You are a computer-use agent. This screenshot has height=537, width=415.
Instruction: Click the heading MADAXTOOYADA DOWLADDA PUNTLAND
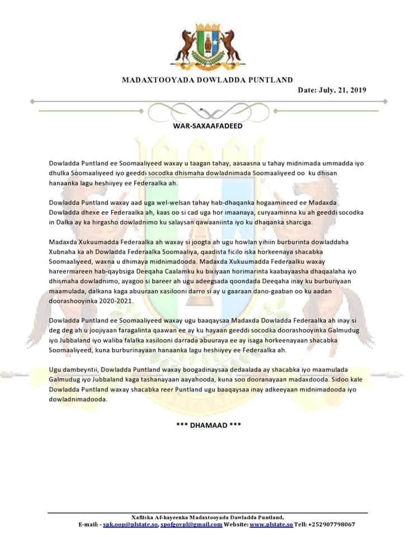coord(207,80)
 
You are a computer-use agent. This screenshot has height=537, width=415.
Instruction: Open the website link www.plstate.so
coord(271,525)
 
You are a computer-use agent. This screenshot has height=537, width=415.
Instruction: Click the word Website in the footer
coord(234,525)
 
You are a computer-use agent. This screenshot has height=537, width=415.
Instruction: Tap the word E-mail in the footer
coord(89,525)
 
